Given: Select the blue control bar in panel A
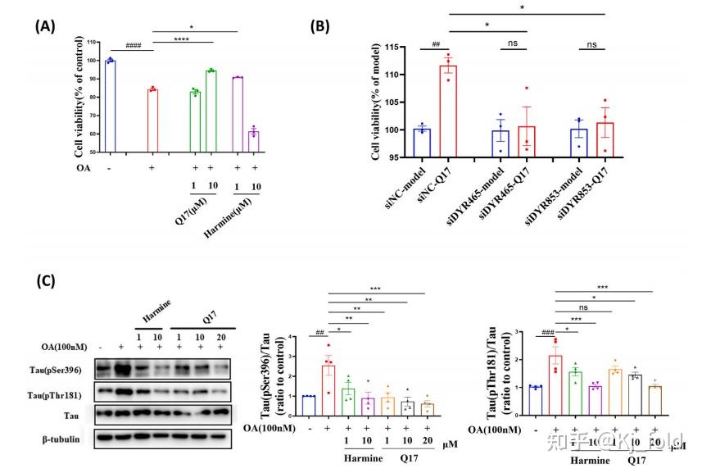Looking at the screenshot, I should click(x=111, y=107).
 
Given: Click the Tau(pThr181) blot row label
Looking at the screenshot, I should click(x=62, y=394).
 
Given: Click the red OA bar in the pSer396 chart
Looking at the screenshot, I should click(x=328, y=380).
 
